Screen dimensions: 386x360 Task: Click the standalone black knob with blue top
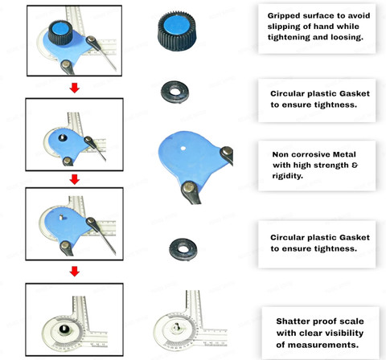tap(177, 31)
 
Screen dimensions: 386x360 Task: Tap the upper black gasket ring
tap(175, 92)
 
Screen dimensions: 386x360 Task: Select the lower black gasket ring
tap(183, 249)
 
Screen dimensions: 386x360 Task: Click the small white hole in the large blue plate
tap(183, 148)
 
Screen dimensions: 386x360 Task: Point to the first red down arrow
tap(75, 88)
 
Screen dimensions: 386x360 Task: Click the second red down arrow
tap(75, 179)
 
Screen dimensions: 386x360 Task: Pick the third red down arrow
tap(75, 272)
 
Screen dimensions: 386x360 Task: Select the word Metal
tap(344, 154)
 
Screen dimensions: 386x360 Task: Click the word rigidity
tap(287, 176)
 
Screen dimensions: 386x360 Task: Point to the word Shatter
tap(292, 321)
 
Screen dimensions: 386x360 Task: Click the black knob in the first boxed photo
tap(60, 32)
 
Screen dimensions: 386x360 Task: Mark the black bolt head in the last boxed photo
tap(64, 329)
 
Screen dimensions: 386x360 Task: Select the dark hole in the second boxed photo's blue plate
tap(63, 137)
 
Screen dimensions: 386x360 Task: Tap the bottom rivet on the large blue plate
tap(189, 186)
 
